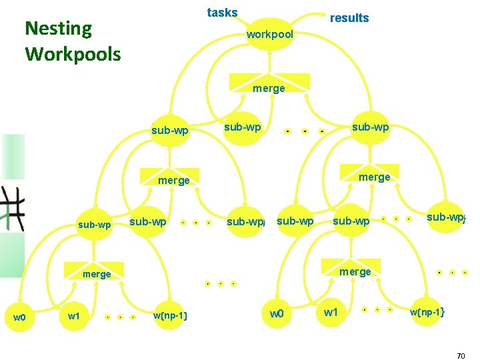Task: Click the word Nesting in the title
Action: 58,29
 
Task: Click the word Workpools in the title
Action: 73,53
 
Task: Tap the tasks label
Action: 222,13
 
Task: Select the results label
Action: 349,18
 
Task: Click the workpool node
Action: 269,34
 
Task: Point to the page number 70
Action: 461,357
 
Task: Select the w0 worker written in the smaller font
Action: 19,317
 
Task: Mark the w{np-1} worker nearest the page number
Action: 427,312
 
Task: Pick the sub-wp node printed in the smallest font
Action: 95,225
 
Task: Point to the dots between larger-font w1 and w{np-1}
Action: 377,310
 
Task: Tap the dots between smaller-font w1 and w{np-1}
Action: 120,317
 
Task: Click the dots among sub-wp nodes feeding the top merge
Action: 304,131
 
